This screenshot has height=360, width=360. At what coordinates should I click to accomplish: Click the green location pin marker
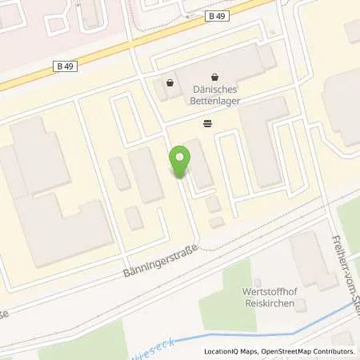[x=180, y=161]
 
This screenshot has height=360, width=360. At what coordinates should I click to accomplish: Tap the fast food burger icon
[x=208, y=123]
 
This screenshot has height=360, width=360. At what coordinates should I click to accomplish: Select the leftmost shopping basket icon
[x=170, y=82]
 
